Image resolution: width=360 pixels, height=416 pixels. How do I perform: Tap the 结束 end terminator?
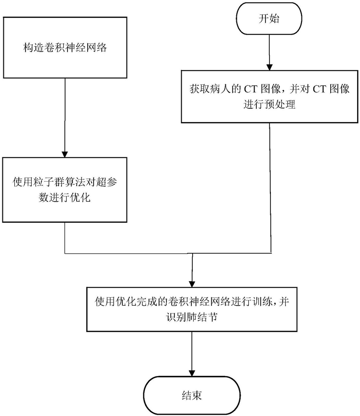tap(192, 395)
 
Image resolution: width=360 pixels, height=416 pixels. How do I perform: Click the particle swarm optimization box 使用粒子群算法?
tap(65, 190)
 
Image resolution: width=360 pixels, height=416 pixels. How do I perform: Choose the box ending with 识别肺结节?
tap(192, 309)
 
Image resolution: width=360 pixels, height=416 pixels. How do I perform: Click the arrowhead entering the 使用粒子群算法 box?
tap(65, 154)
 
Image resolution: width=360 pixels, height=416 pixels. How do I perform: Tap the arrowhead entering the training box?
tap(192, 284)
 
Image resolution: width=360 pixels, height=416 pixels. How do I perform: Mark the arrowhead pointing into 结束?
tap(192, 372)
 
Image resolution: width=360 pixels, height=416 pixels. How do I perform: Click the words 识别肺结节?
tap(192, 317)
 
